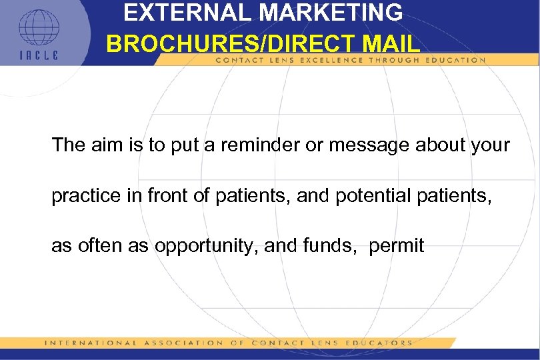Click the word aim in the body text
point(107,145)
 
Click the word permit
point(396,246)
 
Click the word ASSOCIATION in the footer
point(182,343)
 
